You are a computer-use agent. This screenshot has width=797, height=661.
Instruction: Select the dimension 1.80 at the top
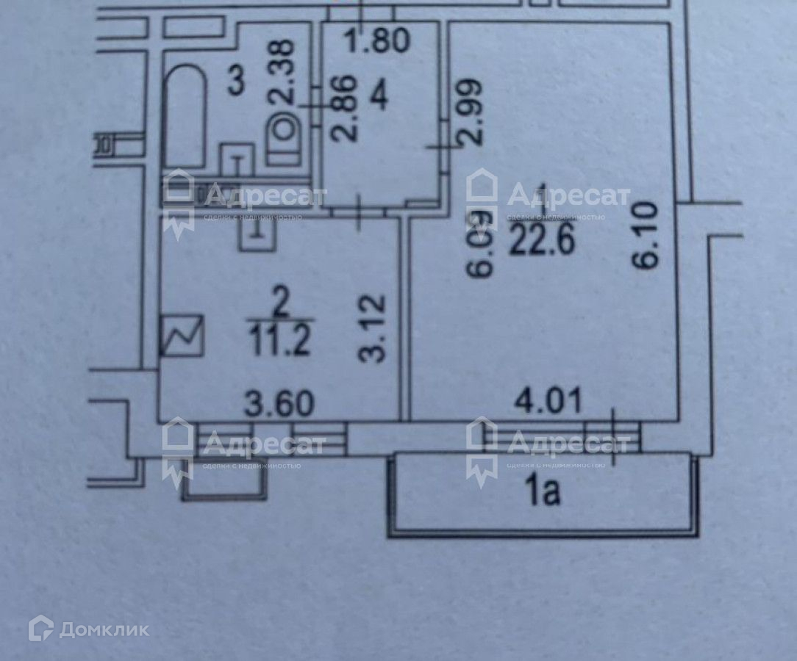click(x=378, y=40)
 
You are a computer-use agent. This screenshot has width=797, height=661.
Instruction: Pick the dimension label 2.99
click(x=471, y=110)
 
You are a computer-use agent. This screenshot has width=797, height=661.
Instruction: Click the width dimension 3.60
click(x=279, y=403)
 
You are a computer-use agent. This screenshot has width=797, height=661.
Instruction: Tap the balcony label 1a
click(x=543, y=493)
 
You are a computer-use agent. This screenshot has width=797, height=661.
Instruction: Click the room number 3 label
click(x=235, y=81)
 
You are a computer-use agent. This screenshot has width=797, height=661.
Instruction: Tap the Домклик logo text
click(x=104, y=629)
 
